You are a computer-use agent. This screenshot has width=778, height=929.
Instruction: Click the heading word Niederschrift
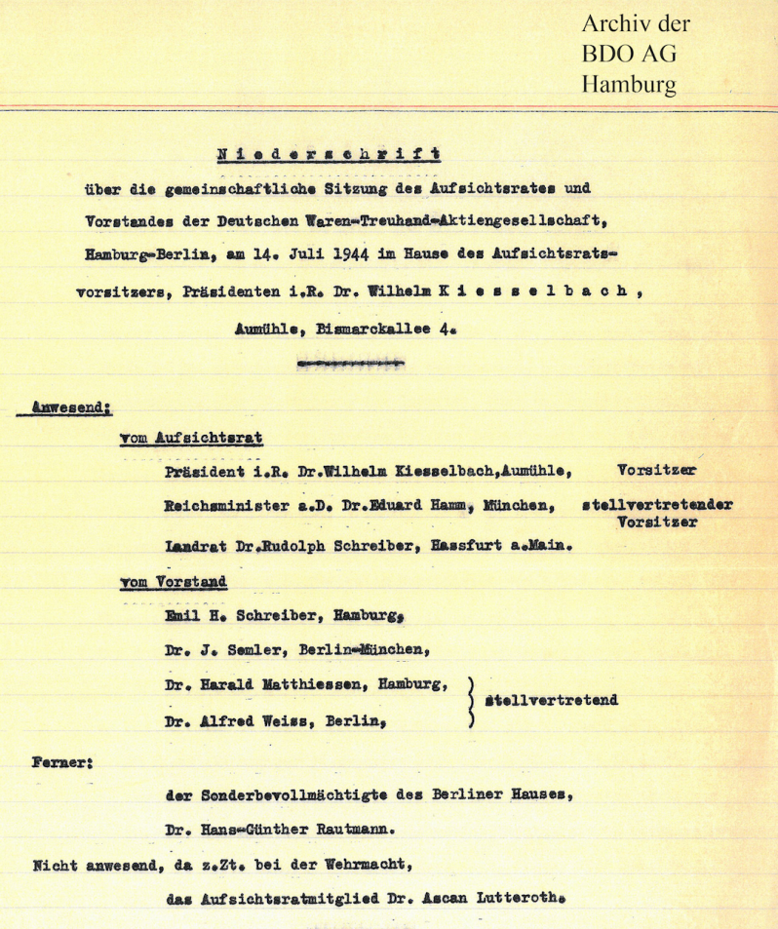click(x=328, y=153)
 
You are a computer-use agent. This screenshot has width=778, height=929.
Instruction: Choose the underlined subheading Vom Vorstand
click(x=173, y=582)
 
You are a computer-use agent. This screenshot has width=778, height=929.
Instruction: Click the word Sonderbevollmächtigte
click(x=306, y=793)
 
